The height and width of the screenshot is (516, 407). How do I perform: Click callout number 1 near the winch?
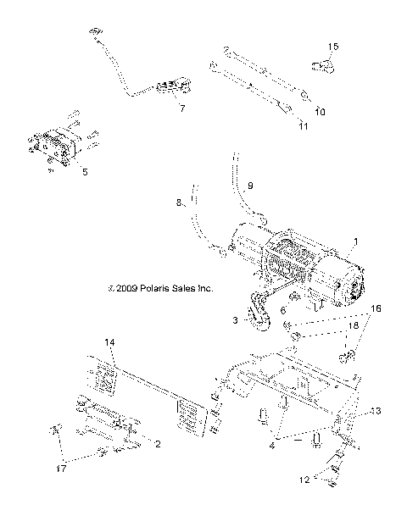[355, 242]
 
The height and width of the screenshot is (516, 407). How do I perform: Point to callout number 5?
[84, 170]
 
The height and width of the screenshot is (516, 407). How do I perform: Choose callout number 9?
[249, 185]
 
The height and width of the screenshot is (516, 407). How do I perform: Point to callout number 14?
[109, 341]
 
